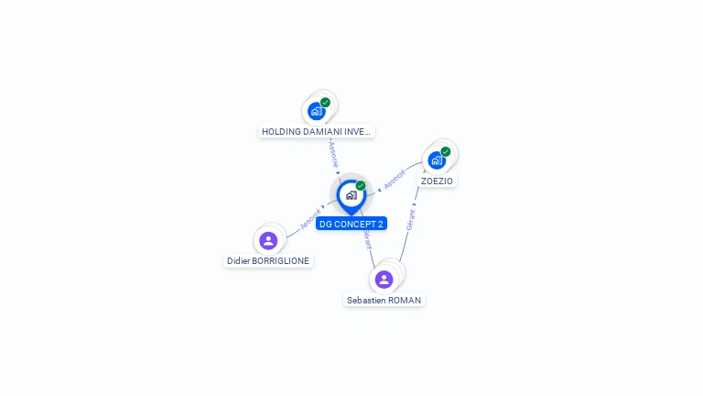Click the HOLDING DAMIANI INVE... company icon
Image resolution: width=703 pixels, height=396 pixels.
click(317, 111)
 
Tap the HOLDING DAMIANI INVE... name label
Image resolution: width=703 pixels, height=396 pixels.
click(316, 132)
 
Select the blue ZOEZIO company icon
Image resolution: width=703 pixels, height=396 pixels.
click(437, 160)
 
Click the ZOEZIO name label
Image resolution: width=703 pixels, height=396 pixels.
click(437, 181)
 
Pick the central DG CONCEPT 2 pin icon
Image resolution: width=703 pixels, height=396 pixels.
click(351, 197)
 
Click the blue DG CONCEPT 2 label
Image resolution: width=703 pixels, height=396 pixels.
click(351, 224)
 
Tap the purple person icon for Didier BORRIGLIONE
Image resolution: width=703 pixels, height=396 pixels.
click(268, 241)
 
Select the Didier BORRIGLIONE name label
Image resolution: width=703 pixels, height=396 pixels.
click(268, 261)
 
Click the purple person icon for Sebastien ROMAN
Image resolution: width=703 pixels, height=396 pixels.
click(384, 280)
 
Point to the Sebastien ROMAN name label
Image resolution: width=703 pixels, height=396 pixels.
click(384, 301)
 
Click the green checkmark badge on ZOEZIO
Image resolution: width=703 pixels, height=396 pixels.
click(445, 151)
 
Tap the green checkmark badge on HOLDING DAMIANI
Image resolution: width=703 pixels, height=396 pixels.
click(325, 103)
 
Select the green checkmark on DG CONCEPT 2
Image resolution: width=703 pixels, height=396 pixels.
click(361, 185)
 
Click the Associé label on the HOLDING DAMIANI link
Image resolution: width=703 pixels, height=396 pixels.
click(333, 154)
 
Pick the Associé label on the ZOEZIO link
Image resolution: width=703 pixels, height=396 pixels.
click(395, 179)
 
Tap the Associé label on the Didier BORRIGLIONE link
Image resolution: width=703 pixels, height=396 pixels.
click(310, 219)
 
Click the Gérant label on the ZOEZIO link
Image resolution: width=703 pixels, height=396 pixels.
click(410, 220)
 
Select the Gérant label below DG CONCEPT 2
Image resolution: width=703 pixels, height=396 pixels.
click(368, 239)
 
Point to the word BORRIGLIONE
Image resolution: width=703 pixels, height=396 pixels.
click(281, 261)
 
